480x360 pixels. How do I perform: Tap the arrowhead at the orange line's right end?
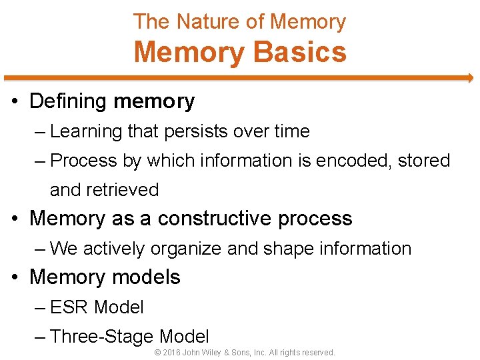(x=469, y=78)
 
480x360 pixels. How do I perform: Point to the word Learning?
(x=86, y=131)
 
